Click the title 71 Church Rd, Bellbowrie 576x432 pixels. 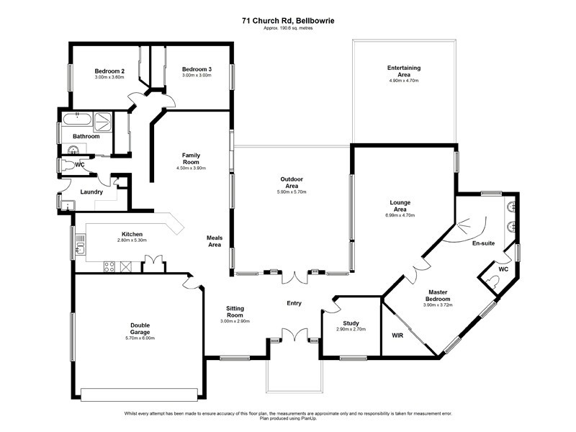point(288,21)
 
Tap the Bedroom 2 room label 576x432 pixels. point(110,71)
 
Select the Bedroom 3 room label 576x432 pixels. point(196,69)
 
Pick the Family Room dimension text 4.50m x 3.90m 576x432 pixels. point(191,168)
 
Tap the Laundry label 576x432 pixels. point(91,192)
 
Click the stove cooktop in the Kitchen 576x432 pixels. point(110,266)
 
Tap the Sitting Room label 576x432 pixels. point(234,311)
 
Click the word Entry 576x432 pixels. point(294,303)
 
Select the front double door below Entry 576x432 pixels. point(294,336)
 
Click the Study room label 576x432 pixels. point(351,323)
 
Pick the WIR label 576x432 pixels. point(397,336)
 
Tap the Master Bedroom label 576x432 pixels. point(438,294)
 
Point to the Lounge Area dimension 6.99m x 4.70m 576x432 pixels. point(400,215)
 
